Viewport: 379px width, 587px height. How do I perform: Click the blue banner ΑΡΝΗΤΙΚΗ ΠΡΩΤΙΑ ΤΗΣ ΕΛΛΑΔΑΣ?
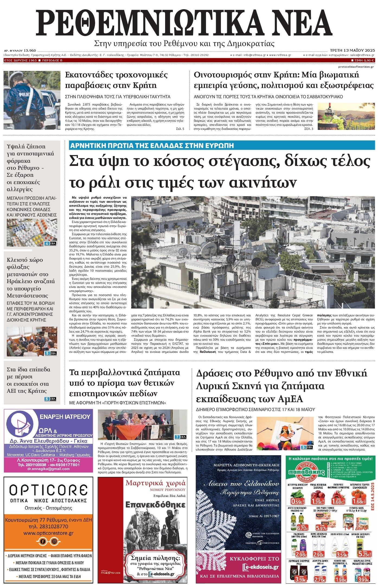tap(152, 145)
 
